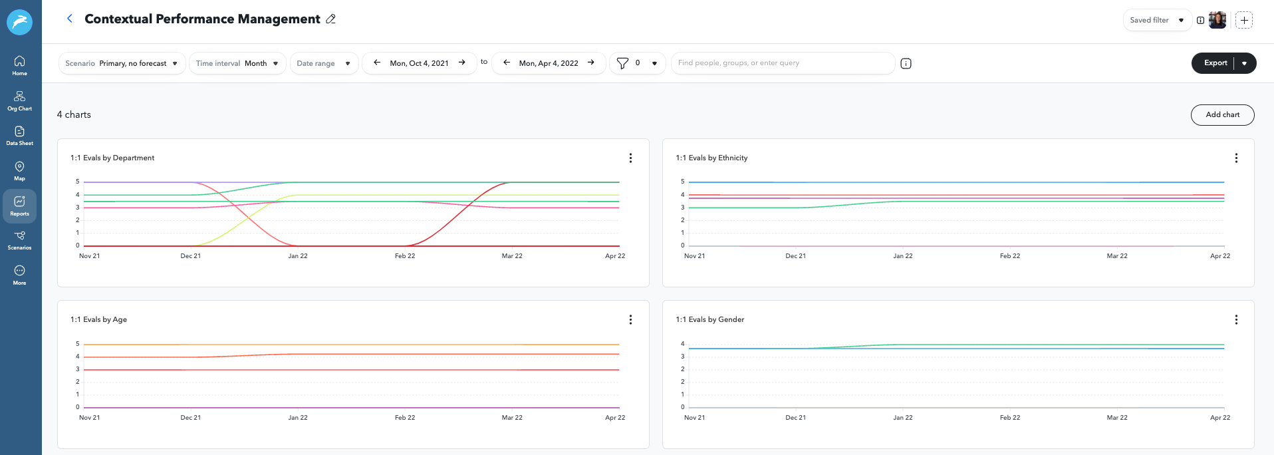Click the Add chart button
(1222, 114)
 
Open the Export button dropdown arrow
(1245, 63)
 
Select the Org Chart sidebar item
(20, 100)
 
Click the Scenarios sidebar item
(20, 240)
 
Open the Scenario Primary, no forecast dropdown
(122, 63)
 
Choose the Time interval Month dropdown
(237, 63)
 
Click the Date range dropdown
(324, 63)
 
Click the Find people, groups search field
(781, 63)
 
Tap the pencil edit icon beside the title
(330, 19)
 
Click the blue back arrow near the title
(70, 19)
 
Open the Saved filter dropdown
(1157, 20)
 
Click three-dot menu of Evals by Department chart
(630, 158)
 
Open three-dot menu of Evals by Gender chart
(1236, 320)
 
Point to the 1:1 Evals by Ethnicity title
(711, 158)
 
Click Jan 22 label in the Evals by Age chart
(298, 418)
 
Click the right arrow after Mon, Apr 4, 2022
(591, 63)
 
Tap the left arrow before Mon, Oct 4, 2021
(377, 63)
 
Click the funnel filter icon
(622, 63)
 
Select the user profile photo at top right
(1217, 20)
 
